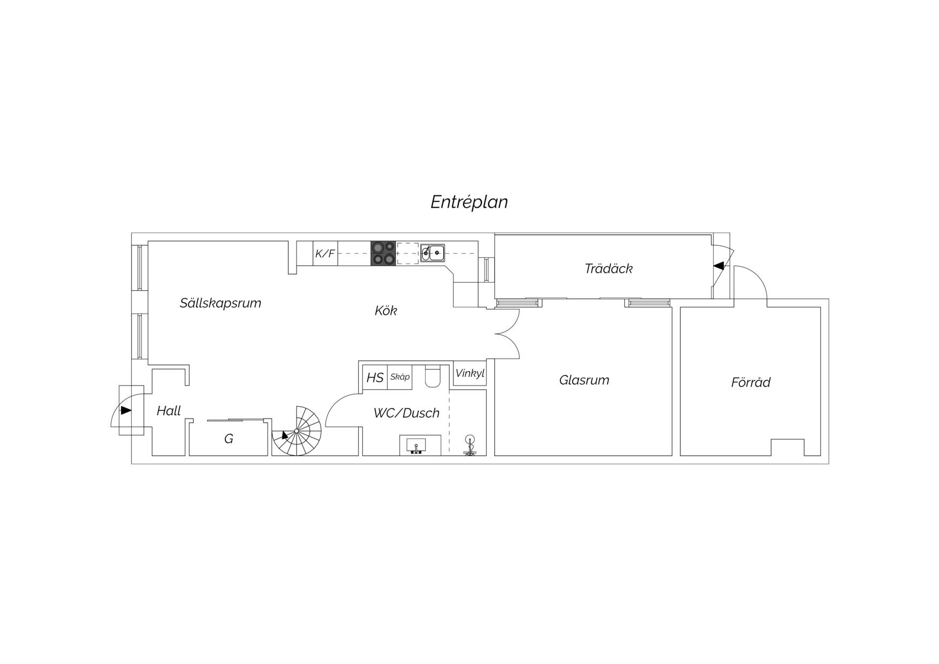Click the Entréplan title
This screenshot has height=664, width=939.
(x=470, y=202)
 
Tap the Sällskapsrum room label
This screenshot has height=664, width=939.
(x=221, y=303)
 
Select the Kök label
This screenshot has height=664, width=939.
(x=385, y=311)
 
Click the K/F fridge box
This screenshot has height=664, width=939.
(x=325, y=253)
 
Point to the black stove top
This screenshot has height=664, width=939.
(x=383, y=253)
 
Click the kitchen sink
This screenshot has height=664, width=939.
(x=433, y=252)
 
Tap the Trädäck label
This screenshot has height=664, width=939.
(x=609, y=268)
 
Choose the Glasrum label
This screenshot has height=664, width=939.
(x=584, y=380)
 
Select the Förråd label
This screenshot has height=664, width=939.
(x=751, y=382)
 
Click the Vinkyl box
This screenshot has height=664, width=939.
(x=470, y=373)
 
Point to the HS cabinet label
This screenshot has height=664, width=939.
(x=375, y=378)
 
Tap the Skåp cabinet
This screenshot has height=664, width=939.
(x=400, y=377)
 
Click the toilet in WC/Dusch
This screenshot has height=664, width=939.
(x=432, y=376)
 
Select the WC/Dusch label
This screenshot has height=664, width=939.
(x=406, y=413)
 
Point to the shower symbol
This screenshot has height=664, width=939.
(x=470, y=445)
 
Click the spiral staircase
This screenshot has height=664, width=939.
(x=297, y=431)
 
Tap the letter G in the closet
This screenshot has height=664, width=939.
(x=229, y=439)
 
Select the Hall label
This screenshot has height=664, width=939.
(x=169, y=411)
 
